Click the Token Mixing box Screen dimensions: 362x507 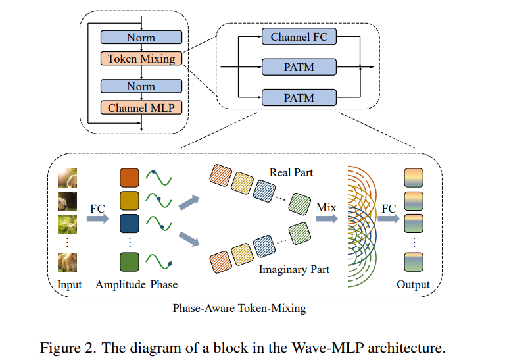click(x=141, y=59)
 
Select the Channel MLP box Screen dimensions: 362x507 click(x=141, y=107)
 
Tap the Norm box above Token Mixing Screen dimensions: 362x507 click(x=141, y=38)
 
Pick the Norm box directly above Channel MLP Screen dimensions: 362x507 click(x=141, y=86)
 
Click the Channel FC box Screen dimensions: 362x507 click(x=299, y=37)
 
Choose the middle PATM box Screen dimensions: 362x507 click(x=299, y=67)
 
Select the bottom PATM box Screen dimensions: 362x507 click(x=299, y=98)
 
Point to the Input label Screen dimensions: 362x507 click(x=69, y=285)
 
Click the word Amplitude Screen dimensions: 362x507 click(x=120, y=285)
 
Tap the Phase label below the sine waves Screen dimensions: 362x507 click(x=164, y=285)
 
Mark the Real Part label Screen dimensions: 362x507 click(x=291, y=173)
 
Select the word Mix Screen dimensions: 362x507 click(x=326, y=208)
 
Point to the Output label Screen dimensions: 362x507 click(x=413, y=285)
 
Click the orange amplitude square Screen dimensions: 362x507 click(x=130, y=178)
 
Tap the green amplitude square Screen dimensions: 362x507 click(x=130, y=263)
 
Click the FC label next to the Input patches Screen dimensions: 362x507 click(x=98, y=208)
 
